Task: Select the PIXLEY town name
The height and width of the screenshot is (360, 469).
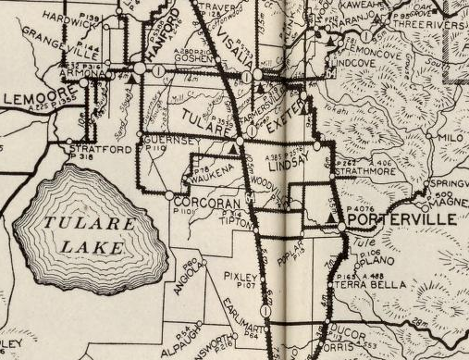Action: pos(240,277)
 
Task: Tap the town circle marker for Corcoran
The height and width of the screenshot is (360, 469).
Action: pos(168,196)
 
